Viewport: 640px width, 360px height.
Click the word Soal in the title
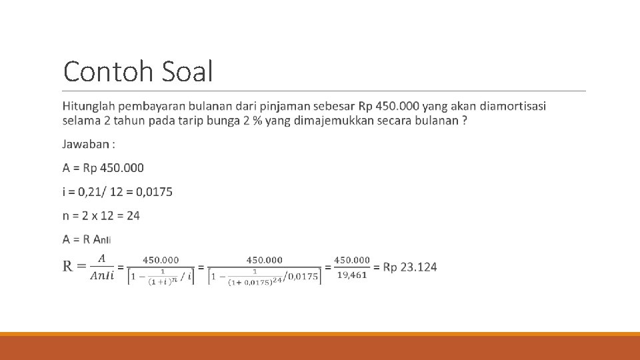(187, 71)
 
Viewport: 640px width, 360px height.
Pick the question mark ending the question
(464, 121)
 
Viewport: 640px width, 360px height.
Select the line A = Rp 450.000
(103, 168)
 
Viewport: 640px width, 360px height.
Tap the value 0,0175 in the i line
(154, 192)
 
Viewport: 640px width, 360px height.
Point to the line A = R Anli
(87, 239)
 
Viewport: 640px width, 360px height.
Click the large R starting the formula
(69, 267)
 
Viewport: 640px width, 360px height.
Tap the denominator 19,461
(351, 275)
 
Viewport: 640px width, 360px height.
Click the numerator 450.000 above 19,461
(351, 260)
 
